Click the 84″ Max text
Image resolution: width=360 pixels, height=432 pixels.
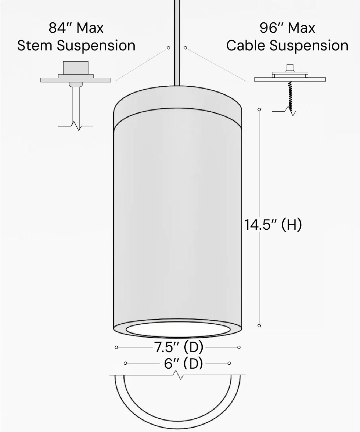[76, 28]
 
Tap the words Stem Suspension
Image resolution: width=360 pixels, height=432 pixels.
[76, 46]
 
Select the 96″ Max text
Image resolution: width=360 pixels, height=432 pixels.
[287, 28]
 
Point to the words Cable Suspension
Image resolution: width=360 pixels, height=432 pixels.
[287, 46]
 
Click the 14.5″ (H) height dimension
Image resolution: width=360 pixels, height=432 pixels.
[273, 225]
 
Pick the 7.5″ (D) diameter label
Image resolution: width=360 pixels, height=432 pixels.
[179, 347]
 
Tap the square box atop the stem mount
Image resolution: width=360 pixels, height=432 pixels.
[76, 68]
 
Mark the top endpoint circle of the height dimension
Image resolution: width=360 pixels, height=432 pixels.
[259, 109]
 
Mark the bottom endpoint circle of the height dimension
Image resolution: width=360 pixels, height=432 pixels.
[259, 325]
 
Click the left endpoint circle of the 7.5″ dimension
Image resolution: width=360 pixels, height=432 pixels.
[116, 347]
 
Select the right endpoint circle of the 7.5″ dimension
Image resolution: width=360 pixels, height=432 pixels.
[239, 347]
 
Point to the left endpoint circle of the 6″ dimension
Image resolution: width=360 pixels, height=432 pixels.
[125, 363]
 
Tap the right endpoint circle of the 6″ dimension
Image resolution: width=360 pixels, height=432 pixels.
[229, 363]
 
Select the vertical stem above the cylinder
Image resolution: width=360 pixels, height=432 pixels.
[177, 43]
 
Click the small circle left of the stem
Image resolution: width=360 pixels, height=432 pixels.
[168, 48]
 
